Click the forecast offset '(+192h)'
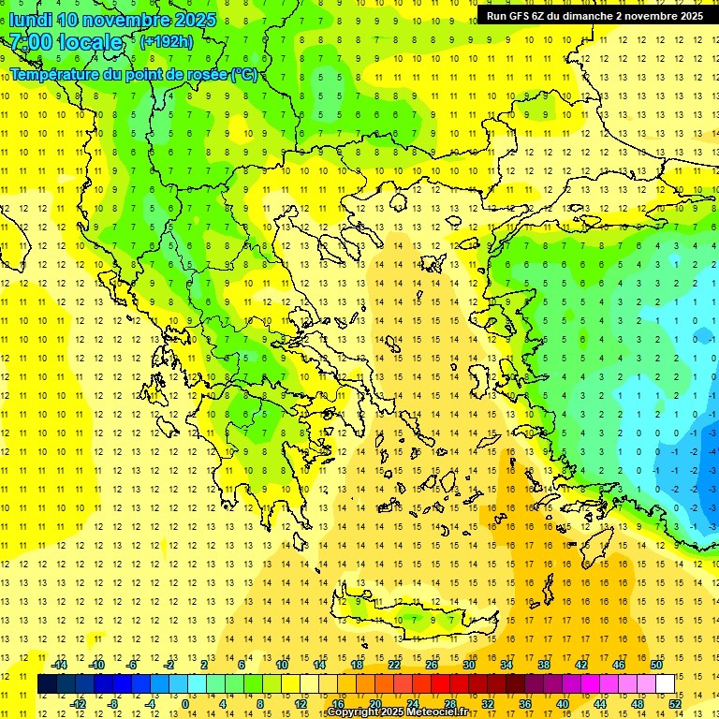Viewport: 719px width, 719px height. pos(167,42)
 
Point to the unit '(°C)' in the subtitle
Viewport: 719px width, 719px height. pos(244,74)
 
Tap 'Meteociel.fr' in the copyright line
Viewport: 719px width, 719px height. pos(450,712)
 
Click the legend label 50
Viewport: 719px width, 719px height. pos(656,665)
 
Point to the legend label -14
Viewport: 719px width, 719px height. pos(59,665)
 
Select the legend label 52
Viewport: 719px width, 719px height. pos(675,704)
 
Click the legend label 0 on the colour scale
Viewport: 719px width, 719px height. pos(184,704)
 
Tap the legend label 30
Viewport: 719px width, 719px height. pos(469,665)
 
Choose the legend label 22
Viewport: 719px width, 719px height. pos(394,665)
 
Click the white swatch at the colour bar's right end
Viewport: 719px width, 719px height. pos(666,684)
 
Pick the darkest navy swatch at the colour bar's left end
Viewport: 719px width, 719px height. pos(47,684)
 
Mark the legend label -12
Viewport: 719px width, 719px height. pos(78,704)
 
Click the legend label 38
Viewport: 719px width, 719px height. pos(544,665)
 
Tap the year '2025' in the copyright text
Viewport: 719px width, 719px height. pos(389,712)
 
